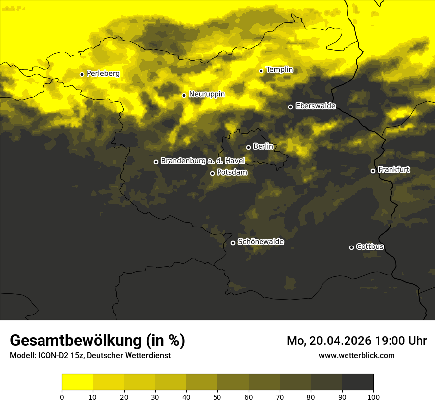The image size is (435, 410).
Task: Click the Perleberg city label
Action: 103,74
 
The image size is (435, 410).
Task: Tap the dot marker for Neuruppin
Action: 184,95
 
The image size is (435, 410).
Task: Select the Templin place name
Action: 279,70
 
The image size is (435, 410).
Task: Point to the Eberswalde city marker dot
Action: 290,107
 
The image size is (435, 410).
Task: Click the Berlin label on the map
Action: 263,146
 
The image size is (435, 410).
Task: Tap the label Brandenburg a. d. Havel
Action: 203,161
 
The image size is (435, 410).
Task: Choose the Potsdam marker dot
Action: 212,173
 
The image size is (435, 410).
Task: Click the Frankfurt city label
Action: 394,170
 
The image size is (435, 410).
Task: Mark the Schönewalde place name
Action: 261,242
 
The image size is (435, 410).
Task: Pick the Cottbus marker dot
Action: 351,247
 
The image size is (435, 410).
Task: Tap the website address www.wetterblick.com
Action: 356,355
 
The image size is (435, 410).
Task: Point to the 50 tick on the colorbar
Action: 217,397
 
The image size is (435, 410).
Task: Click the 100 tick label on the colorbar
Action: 373,397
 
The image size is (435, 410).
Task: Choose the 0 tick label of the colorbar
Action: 62,397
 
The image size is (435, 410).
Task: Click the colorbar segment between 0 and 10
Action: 77,382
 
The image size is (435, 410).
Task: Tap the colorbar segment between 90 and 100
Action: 357,382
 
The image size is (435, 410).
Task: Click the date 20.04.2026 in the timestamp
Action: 341,341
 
